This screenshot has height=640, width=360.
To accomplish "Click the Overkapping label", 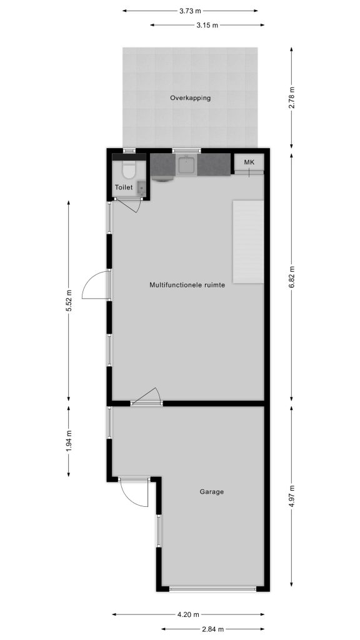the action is coord(190,98).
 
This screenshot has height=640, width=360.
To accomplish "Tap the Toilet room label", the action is coord(124,187).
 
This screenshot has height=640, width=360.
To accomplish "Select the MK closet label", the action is coord(249,162).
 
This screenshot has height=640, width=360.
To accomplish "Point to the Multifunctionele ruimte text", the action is coord(187,285).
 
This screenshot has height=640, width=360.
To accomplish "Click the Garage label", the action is coord(211,492).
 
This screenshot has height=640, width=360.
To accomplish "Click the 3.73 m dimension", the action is coord(190,11).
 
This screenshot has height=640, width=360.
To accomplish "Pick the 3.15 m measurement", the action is coord(207,25).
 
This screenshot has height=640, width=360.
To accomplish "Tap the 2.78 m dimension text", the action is coord(291,98).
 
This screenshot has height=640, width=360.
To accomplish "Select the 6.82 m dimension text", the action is coord(291,277).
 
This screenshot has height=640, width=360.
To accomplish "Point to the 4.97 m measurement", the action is coord(291,496).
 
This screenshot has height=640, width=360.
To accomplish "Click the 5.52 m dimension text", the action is coord(69,301).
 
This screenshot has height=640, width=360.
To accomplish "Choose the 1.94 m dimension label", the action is coord(69,441).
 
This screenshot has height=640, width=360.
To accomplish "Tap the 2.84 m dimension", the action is coord(212,629).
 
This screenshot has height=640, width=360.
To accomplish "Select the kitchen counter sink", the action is coord(186,165).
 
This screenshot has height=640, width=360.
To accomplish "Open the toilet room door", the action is coord(128,204).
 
